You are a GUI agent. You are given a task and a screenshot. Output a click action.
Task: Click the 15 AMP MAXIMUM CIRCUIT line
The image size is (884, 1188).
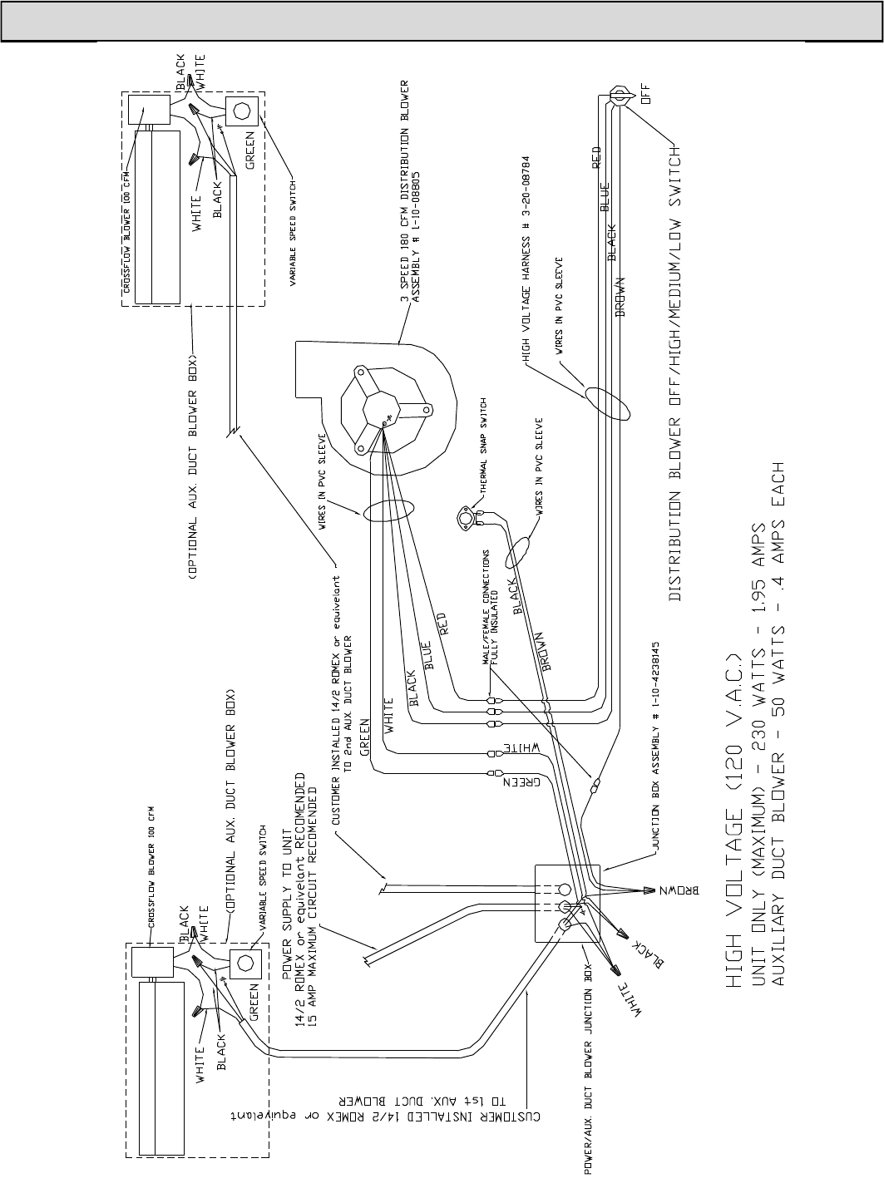[311, 900]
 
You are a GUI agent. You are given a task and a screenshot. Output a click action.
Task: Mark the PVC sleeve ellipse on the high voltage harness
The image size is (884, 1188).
[605, 403]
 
